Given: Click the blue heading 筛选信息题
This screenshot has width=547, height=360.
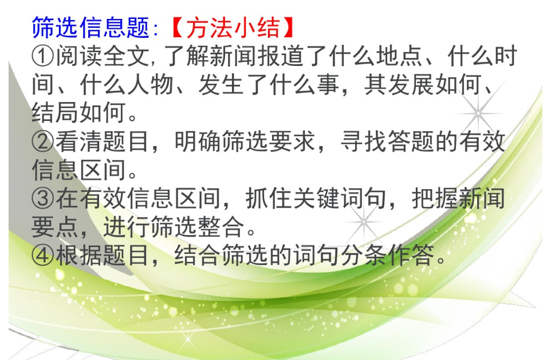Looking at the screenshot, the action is pyautogui.click(x=90, y=28).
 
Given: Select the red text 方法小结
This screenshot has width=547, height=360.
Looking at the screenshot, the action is pyautogui.click(x=233, y=28).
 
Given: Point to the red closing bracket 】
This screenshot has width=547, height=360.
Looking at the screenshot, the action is pyautogui.click(x=288, y=28).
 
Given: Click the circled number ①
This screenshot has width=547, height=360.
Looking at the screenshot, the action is pyautogui.click(x=42, y=56).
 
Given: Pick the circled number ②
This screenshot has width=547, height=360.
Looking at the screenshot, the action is pyautogui.click(x=42, y=142).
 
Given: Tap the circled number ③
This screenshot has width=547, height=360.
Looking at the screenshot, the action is pyautogui.click(x=42, y=198).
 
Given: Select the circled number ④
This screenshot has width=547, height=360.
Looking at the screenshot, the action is pyautogui.click(x=42, y=255).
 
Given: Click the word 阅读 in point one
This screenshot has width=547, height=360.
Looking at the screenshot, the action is pyautogui.click(x=79, y=56).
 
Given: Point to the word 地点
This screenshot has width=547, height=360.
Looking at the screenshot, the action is pyautogui.click(x=400, y=56).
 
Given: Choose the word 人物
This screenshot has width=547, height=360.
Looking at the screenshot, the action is pyautogui.click(x=151, y=84).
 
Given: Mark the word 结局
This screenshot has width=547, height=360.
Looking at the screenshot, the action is pyautogui.click(x=55, y=113).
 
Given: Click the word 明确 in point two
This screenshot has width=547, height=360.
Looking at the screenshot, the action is pyautogui.click(x=198, y=142).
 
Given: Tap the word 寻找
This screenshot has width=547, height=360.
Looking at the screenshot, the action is pyautogui.click(x=364, y=142).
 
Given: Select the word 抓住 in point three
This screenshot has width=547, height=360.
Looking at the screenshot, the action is pyautogui.click(x=269, y=198).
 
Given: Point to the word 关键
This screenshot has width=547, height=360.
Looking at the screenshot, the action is pyautogui.click(x=316, y=198).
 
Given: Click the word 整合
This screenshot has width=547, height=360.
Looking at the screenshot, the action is pyautogui.click(x=221, y=226).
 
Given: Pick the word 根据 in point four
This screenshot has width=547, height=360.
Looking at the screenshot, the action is pyautogui.click(x=79, y=255).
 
